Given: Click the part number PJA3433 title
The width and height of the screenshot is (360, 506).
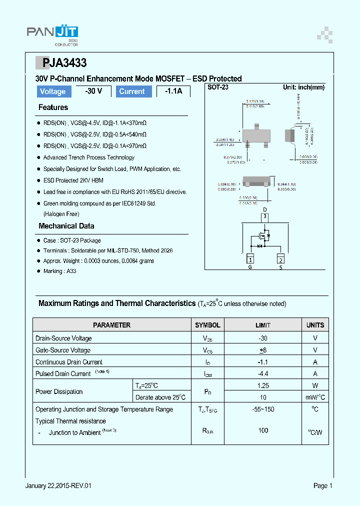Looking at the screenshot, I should pyautogui.click(x=61, y=63).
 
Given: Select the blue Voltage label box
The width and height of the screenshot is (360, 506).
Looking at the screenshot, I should pyautogui.click(x=53, y=91).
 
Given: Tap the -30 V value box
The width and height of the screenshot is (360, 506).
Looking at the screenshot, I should pyautogui.click(x=93, y=91).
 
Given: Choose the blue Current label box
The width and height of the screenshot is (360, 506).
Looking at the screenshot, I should pyautogui.click(x=132, y=91).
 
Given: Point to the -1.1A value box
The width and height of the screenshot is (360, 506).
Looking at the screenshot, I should pyautogui.click(x=173, y=91).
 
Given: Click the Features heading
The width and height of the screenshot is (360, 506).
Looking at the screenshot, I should pyautogui.click(x=53, y=107).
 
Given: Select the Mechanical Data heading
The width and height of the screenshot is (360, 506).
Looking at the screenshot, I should pyautogui.click(x=66, y=226).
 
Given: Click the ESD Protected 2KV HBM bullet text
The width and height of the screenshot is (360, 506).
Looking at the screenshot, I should pyautogui.click(x=73, y=180).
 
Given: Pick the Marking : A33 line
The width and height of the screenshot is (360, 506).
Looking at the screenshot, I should pyautogui.click(x=59, y=271).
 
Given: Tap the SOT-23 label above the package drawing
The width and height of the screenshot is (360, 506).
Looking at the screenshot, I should pyautogui.click(x=218, y=87).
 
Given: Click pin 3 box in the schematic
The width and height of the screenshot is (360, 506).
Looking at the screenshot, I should pyautogui.click(x=265, y=217).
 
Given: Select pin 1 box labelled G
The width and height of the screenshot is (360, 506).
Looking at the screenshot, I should pyautogui.click(x=250, y=259).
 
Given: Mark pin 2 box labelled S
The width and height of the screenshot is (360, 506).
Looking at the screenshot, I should pyautogui.click(x=280, y=259).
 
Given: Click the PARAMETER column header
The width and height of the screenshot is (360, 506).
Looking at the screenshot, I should pyautogui.click(x=111, y=325).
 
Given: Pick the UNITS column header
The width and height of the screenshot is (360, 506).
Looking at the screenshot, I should pyautogui.click(x=315, y=325).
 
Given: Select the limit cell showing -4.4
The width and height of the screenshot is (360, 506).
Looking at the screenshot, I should pyautogui.click(x=263, y=373).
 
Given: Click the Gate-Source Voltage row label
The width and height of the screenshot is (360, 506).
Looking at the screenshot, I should pyautogui.click(x=63, y=350).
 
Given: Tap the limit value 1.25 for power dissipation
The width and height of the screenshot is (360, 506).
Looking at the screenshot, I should pyautogui.click(x=263, y=385).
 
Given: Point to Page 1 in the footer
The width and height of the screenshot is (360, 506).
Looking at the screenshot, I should pyautogui.click(x=322, y=485).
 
